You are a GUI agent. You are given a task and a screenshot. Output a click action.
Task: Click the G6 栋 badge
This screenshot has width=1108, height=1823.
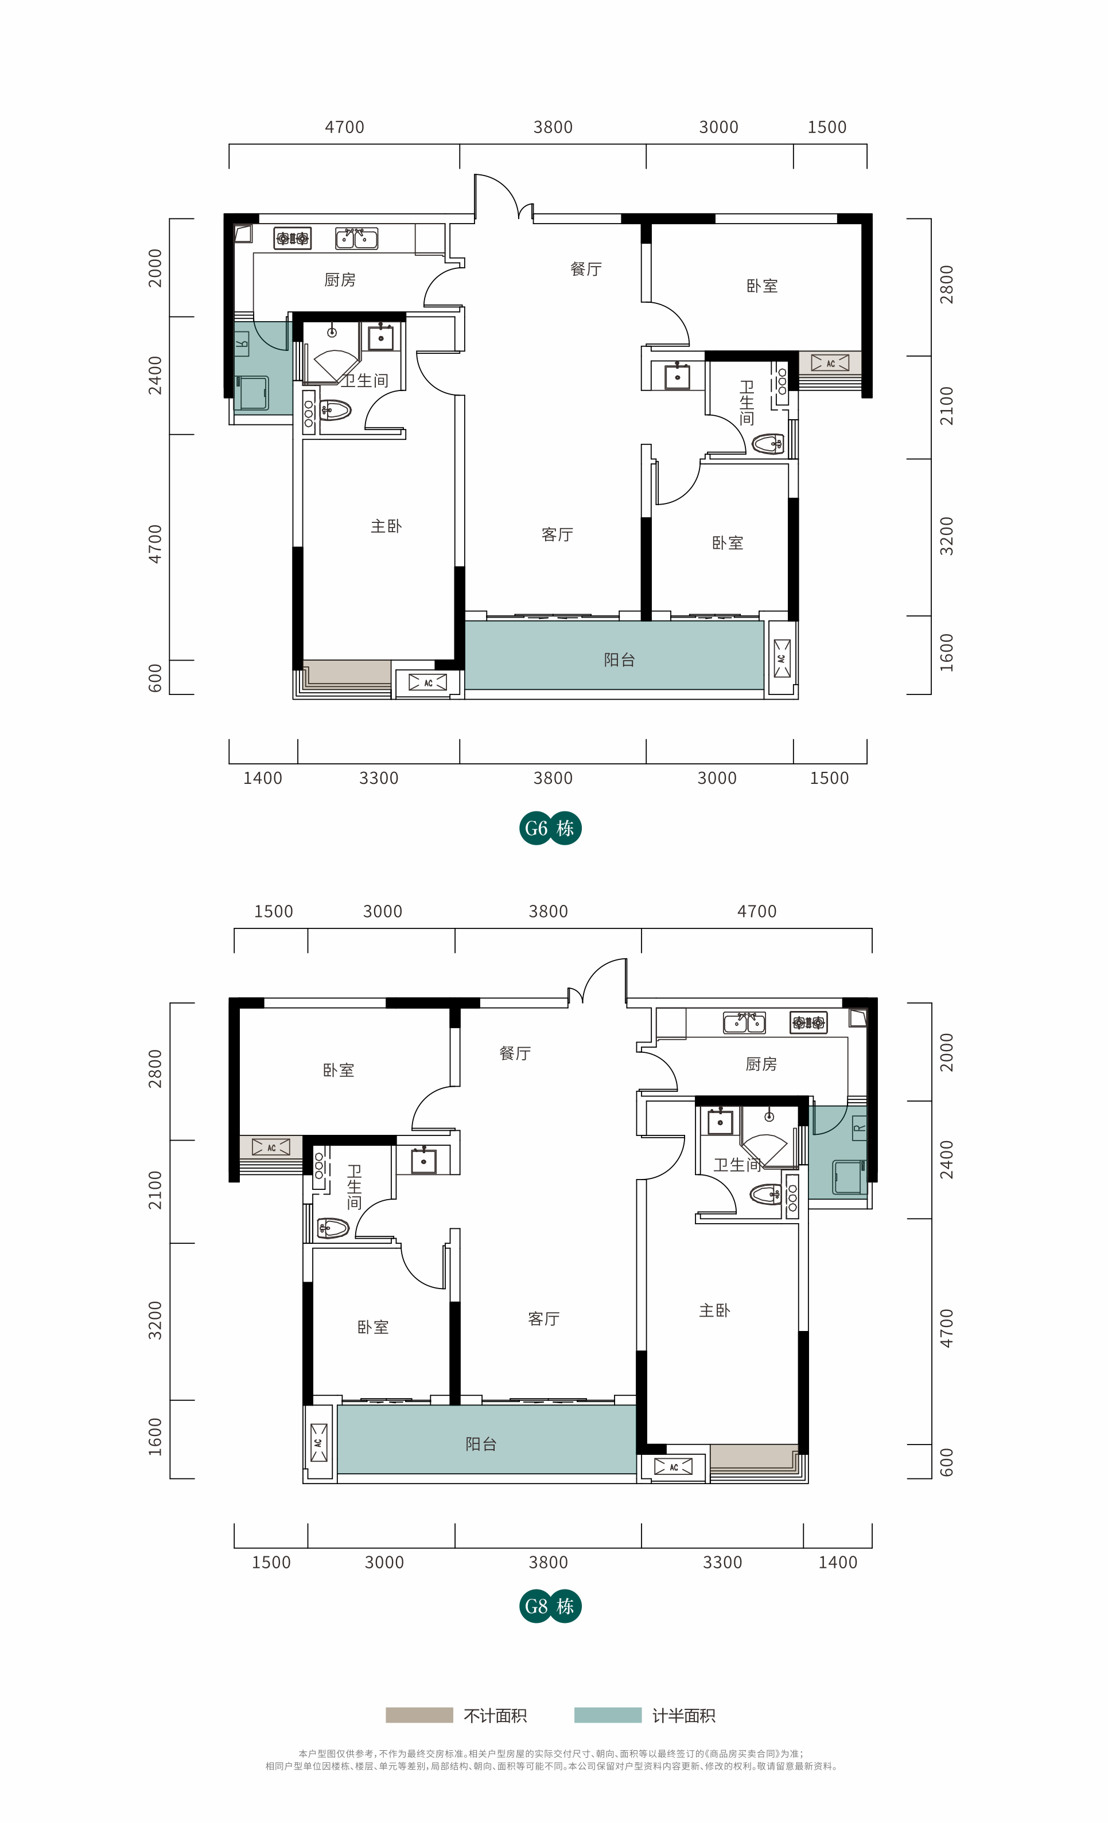click(550, 828)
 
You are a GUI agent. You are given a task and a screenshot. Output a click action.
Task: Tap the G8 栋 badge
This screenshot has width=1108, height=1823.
click(550, 1606)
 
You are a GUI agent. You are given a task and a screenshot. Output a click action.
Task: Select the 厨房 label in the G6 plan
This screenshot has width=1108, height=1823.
click(340, 280)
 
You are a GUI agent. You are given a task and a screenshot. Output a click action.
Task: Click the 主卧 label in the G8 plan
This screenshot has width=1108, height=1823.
click(714, 1310)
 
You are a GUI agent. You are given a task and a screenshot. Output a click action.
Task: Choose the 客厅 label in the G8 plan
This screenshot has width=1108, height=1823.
click(543, 1318)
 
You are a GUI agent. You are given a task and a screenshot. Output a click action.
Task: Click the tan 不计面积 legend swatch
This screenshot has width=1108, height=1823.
click(419, 1715)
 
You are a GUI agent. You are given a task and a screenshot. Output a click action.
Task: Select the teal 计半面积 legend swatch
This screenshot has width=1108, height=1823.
click(608, 1715)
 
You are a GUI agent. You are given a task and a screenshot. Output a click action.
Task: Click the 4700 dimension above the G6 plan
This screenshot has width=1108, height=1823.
click(345, 127)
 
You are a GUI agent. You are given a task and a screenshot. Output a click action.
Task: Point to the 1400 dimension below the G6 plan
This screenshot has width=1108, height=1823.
click(263, 778)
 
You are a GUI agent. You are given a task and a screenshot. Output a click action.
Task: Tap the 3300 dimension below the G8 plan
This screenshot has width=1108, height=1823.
click(722, 1563)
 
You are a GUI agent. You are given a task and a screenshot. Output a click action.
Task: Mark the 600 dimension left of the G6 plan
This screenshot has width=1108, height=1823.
click(155, 678)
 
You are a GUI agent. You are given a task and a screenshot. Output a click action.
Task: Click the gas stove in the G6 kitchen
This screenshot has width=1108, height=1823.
click(293, 238)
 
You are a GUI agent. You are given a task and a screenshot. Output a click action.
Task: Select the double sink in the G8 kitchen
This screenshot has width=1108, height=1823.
click(744, 1022)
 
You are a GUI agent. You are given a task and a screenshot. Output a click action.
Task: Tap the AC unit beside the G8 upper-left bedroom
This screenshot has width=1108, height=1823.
click(271, 1147)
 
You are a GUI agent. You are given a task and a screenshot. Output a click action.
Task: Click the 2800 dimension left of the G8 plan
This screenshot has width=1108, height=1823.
click(155, 1068)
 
